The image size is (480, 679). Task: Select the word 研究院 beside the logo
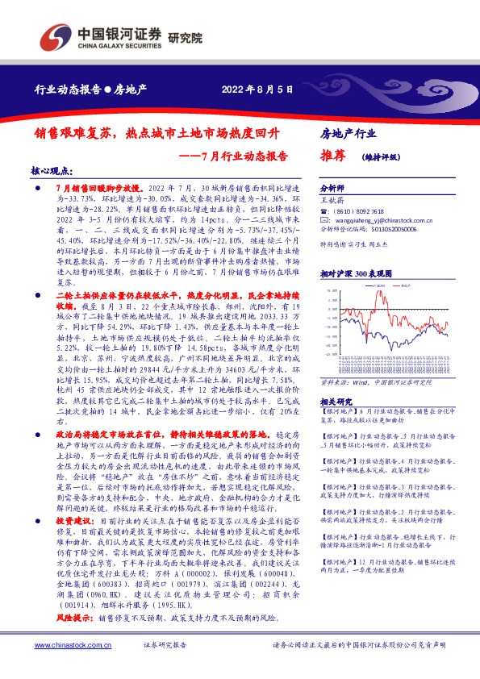(x=185, y=38)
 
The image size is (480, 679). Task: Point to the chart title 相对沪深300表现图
(x=356, y=274)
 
